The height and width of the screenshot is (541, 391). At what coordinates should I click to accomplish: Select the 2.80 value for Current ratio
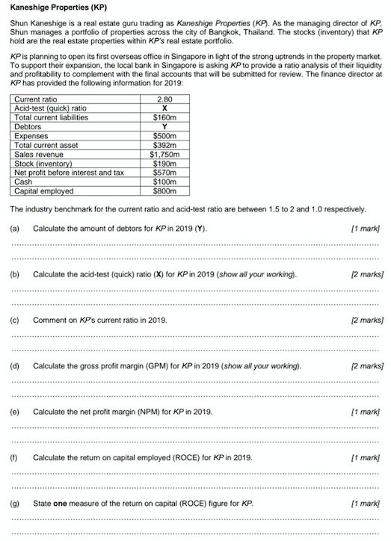[x=163, y=99]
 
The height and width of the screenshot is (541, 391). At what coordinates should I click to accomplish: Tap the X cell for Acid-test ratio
[x=163, y=108]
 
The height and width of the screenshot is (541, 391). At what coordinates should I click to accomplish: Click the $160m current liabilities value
[x=163, y=117]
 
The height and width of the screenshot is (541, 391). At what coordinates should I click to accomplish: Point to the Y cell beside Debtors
[x=163, y=127]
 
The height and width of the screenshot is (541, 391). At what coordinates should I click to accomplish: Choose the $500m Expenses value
[x=163, y=136]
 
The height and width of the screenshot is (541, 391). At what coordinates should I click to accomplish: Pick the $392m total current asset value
[x=163, y=145]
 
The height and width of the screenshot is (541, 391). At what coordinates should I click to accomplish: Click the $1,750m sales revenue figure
[x=163, y=154]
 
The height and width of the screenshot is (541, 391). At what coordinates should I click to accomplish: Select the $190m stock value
[x=163, y=163]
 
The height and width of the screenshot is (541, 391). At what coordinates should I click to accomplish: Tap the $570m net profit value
[x=163, y=172]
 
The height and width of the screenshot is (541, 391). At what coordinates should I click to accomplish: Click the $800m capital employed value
[x=163, y=191]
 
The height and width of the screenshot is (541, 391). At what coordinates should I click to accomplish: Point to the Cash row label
[x=23, y=182]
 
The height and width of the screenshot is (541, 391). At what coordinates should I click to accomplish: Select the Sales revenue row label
[x=38, y=154]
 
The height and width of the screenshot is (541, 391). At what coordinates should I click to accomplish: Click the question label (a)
[x=15, y=227]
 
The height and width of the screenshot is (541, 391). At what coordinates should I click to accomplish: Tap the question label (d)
[x=15, y=366]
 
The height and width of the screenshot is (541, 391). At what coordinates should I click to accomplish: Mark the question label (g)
[x=15, y=503]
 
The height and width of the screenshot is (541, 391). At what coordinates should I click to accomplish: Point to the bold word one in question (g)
[x=61, y=503]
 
